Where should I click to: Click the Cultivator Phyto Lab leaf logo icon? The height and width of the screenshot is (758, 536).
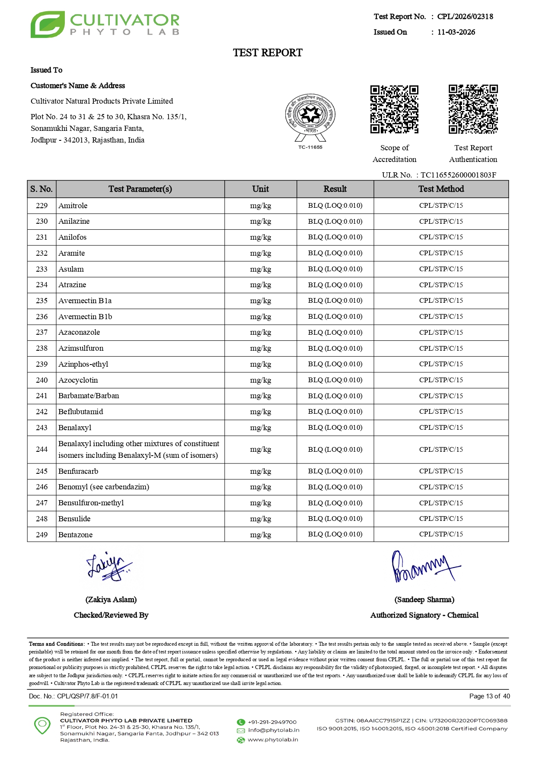click(48, 25)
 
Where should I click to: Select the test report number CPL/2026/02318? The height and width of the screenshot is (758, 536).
click(465, 16)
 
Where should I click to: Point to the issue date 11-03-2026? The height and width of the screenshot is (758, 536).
click(456, 32)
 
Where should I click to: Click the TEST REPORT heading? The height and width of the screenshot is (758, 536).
click(268, 53)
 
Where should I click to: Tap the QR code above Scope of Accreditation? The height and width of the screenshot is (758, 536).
click(394, 109)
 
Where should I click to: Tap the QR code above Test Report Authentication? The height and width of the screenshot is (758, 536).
click(473, 109)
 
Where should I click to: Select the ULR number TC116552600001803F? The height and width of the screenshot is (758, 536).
click(458, 175)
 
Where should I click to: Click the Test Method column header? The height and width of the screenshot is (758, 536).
click(441, 189)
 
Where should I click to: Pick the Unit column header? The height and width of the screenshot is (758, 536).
click(261, 189)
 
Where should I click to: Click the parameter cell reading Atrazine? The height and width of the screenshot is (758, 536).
click(72, 285)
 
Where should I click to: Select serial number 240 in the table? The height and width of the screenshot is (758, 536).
click(41, 380)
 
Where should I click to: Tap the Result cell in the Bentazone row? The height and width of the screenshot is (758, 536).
click(335, 534)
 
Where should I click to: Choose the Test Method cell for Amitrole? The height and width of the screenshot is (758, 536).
click(441, 206)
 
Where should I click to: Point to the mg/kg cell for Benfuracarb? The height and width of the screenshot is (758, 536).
click(261, 471)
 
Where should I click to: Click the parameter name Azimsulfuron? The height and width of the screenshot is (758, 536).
click(81, 348)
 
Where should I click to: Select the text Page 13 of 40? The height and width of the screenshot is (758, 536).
click(489, 696)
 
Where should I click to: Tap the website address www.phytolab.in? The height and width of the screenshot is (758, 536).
click(272, 739)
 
